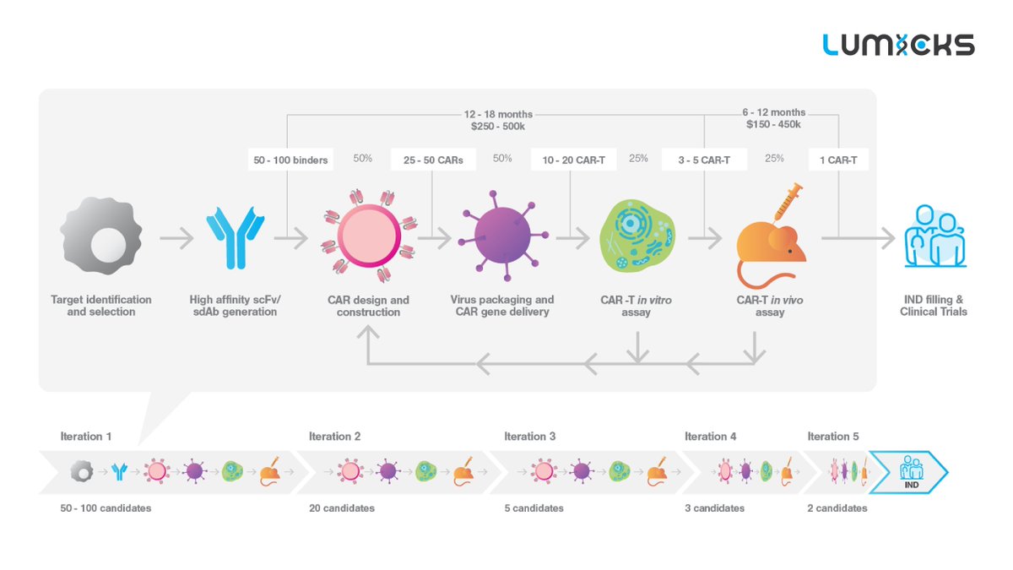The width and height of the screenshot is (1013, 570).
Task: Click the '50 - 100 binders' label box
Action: pyautogui.click(x=290, y=160)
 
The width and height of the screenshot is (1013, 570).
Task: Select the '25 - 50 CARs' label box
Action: pyautogui.click(x=433, y=160)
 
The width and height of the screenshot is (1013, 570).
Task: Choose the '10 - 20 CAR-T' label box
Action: pyautogui.click(x=573, y=160)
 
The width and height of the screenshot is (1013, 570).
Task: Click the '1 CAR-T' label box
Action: pyautogui.click(x=838, y=160)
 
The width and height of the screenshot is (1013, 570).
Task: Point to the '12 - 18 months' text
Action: pyautogui.click(x=498, y=113)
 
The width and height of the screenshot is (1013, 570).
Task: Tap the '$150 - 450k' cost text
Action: pyautogui.click(x=772, y=125)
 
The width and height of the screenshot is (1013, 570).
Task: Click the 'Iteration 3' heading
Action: pyautogui.click(x=530, y=437)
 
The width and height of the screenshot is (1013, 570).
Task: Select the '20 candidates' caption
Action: pyautogui.click(x=342, y=508)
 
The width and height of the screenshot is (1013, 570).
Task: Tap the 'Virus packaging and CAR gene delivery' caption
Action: pyautogui.click(x=502, y=306)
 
